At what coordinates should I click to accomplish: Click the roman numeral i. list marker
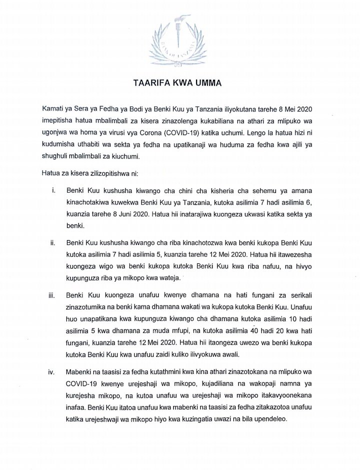click(x=53, y=191)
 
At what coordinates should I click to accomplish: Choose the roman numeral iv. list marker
click(x=52, y=373)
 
